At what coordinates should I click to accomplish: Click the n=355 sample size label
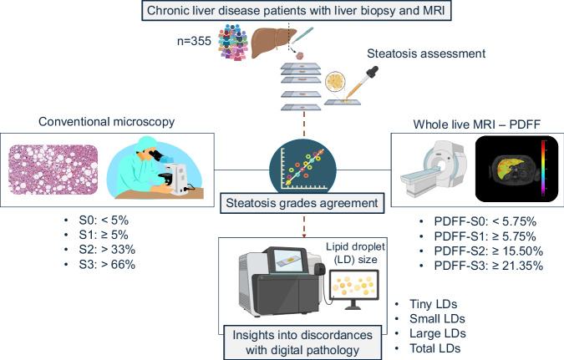coord(194,41)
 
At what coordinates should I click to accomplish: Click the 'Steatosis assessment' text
coord(426,53)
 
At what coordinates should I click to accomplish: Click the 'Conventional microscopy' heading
coord(106,122)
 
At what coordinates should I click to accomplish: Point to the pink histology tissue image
coord(53,170)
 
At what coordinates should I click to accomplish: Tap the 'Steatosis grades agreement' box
coord(302,203)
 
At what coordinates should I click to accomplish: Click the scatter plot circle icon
coord(302,166)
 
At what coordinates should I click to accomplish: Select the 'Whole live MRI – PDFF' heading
coord(476,124)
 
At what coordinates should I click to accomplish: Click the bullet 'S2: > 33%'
coord(107,250)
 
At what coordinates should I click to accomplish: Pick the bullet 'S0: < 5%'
coord(104,221)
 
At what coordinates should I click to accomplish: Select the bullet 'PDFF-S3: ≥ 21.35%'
coord(489,266)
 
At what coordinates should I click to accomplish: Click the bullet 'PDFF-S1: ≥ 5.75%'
coord(485,236)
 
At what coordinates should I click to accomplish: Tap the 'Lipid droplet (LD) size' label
coord(355,253)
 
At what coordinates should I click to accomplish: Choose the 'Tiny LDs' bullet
coord(433,304)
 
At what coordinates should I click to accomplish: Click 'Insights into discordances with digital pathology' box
coord(302,342)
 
